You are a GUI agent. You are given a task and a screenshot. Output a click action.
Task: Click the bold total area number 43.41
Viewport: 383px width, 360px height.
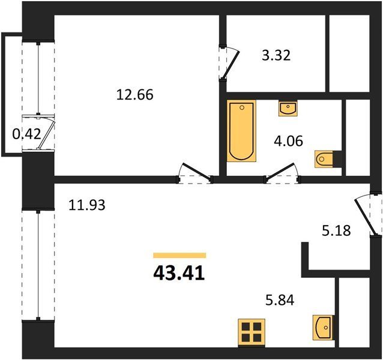tap(179, 273)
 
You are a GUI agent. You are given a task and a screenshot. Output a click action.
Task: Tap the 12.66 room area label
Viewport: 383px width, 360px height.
tap(135, 94)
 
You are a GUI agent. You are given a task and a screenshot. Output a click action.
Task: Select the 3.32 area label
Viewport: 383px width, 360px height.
tap(276, 55)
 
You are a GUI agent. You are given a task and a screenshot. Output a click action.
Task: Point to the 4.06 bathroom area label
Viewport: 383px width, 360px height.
tap(289, 141)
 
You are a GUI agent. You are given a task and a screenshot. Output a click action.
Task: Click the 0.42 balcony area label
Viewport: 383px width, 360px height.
tap(26, 134)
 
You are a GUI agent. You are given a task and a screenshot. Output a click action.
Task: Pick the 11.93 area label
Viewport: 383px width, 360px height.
tap(87, 205)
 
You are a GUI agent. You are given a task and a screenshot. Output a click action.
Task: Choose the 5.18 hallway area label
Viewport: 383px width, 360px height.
tap(336, 230)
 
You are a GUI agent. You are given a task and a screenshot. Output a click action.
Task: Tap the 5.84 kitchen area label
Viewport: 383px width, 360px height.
tap(280, 300)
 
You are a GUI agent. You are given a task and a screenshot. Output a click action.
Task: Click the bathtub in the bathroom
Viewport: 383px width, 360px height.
tap(241, 131)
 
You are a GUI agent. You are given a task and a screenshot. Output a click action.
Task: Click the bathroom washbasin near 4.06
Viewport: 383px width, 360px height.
tap(288, 108)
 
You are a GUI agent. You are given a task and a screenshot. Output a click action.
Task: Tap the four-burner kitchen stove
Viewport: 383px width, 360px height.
tap(252, 332)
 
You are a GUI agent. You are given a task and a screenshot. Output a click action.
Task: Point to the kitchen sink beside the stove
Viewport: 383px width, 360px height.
tap(323, 327)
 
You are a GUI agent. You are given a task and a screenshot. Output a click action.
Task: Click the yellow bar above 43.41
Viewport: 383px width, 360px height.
tap(179, 256)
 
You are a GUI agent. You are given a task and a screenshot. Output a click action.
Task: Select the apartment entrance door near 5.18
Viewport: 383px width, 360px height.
tap(364, 215)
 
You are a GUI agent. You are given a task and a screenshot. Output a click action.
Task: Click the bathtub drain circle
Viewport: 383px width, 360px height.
tap(242, 107)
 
